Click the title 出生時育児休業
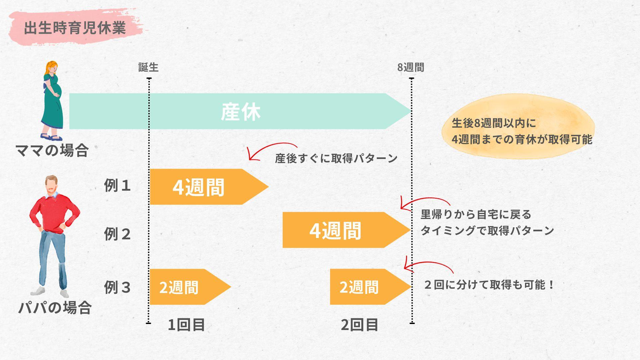(x=74, y=28)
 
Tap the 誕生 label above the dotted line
(x=148, y=67)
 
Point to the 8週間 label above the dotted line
(x=411, y=67)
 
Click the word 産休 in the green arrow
(x=240, y=112)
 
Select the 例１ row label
(x=118, y=186)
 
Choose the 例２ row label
(x=118, y=234)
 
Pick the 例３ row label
(x=118, y=288)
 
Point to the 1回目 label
(x=186, y=325)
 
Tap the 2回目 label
(x=360, y=325)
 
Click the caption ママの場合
(x=52, y=151)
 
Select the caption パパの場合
(x=55, y=308)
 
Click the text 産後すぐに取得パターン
(x=336, y=159)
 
